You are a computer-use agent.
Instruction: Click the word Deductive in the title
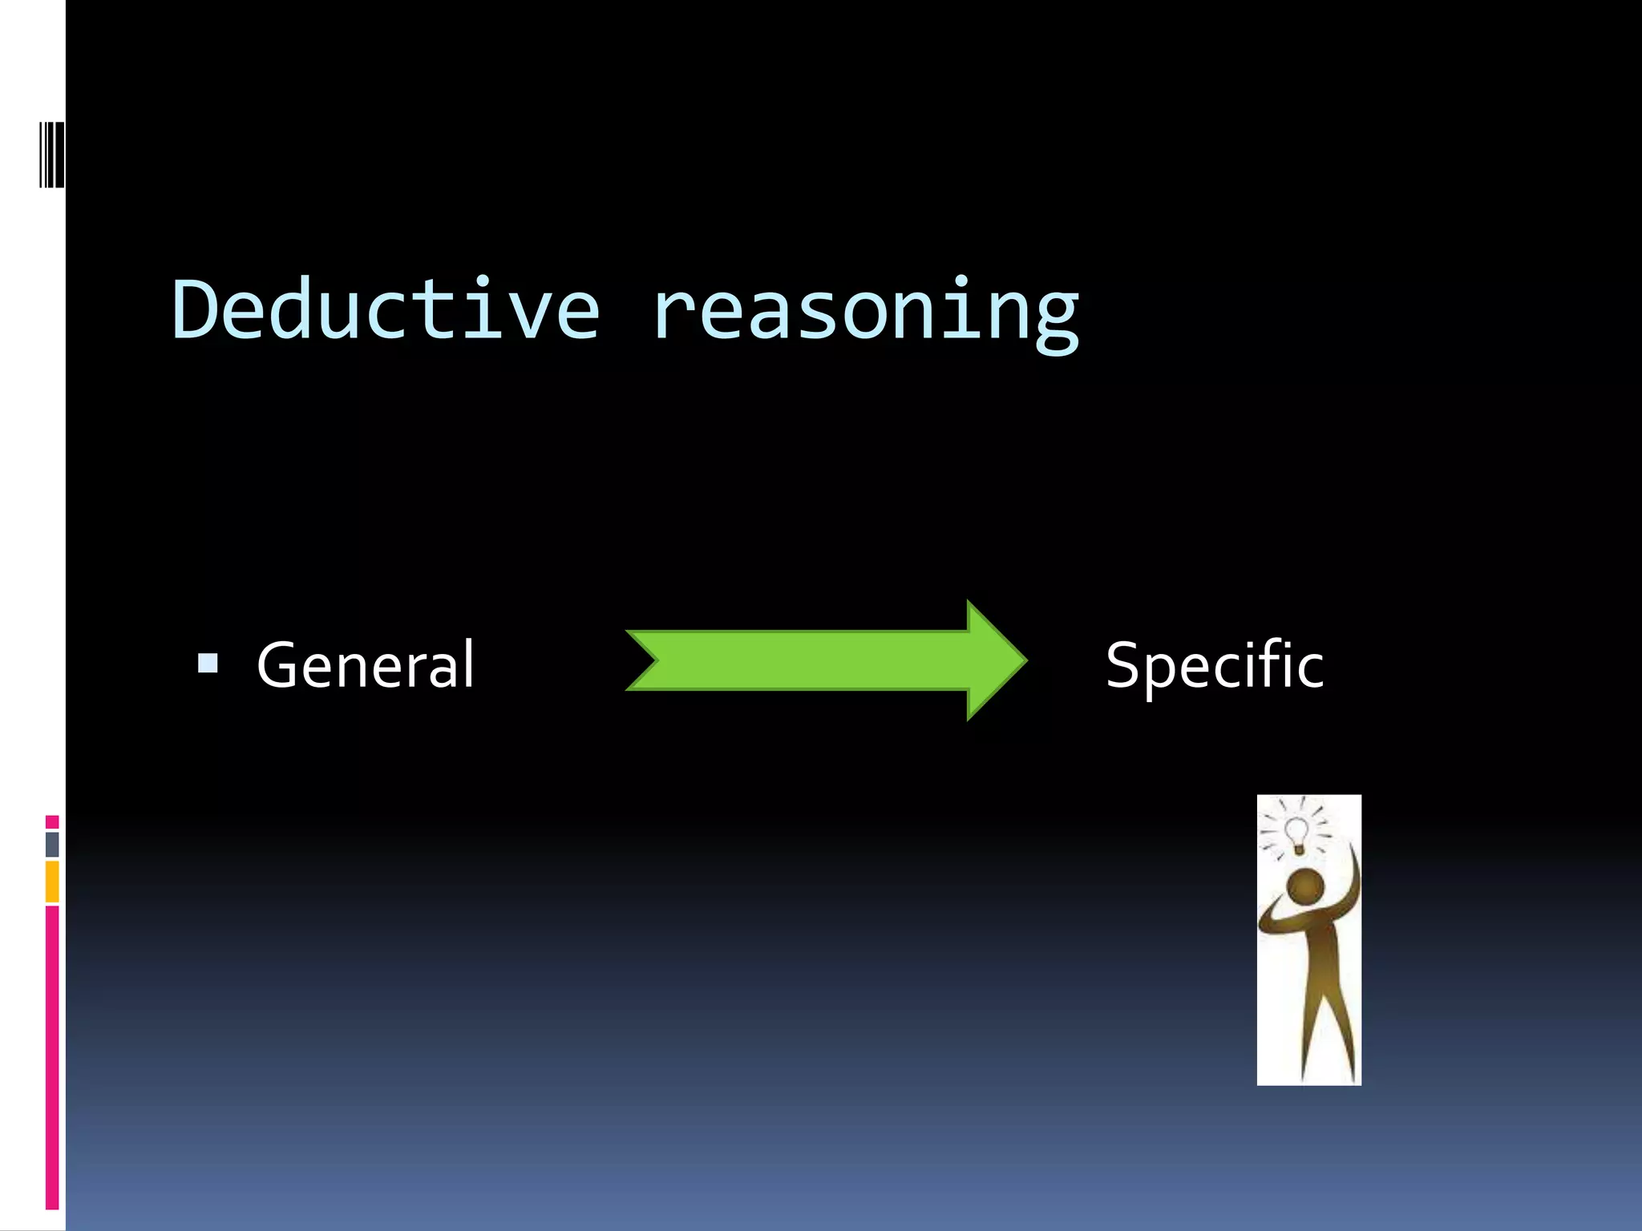[385, 310]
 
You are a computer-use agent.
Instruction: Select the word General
[366, 665]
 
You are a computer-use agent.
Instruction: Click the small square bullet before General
[208, 663]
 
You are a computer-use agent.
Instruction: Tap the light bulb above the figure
[1296, 833]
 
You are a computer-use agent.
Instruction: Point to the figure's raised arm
[1353, 882]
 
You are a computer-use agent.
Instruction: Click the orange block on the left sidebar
[52, 881]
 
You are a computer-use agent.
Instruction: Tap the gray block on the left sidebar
[52, 844]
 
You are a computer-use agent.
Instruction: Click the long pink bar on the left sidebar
[52, 1058]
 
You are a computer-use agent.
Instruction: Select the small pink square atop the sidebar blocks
[52, 821]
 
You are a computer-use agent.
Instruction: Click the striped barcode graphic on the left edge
[52, 154]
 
